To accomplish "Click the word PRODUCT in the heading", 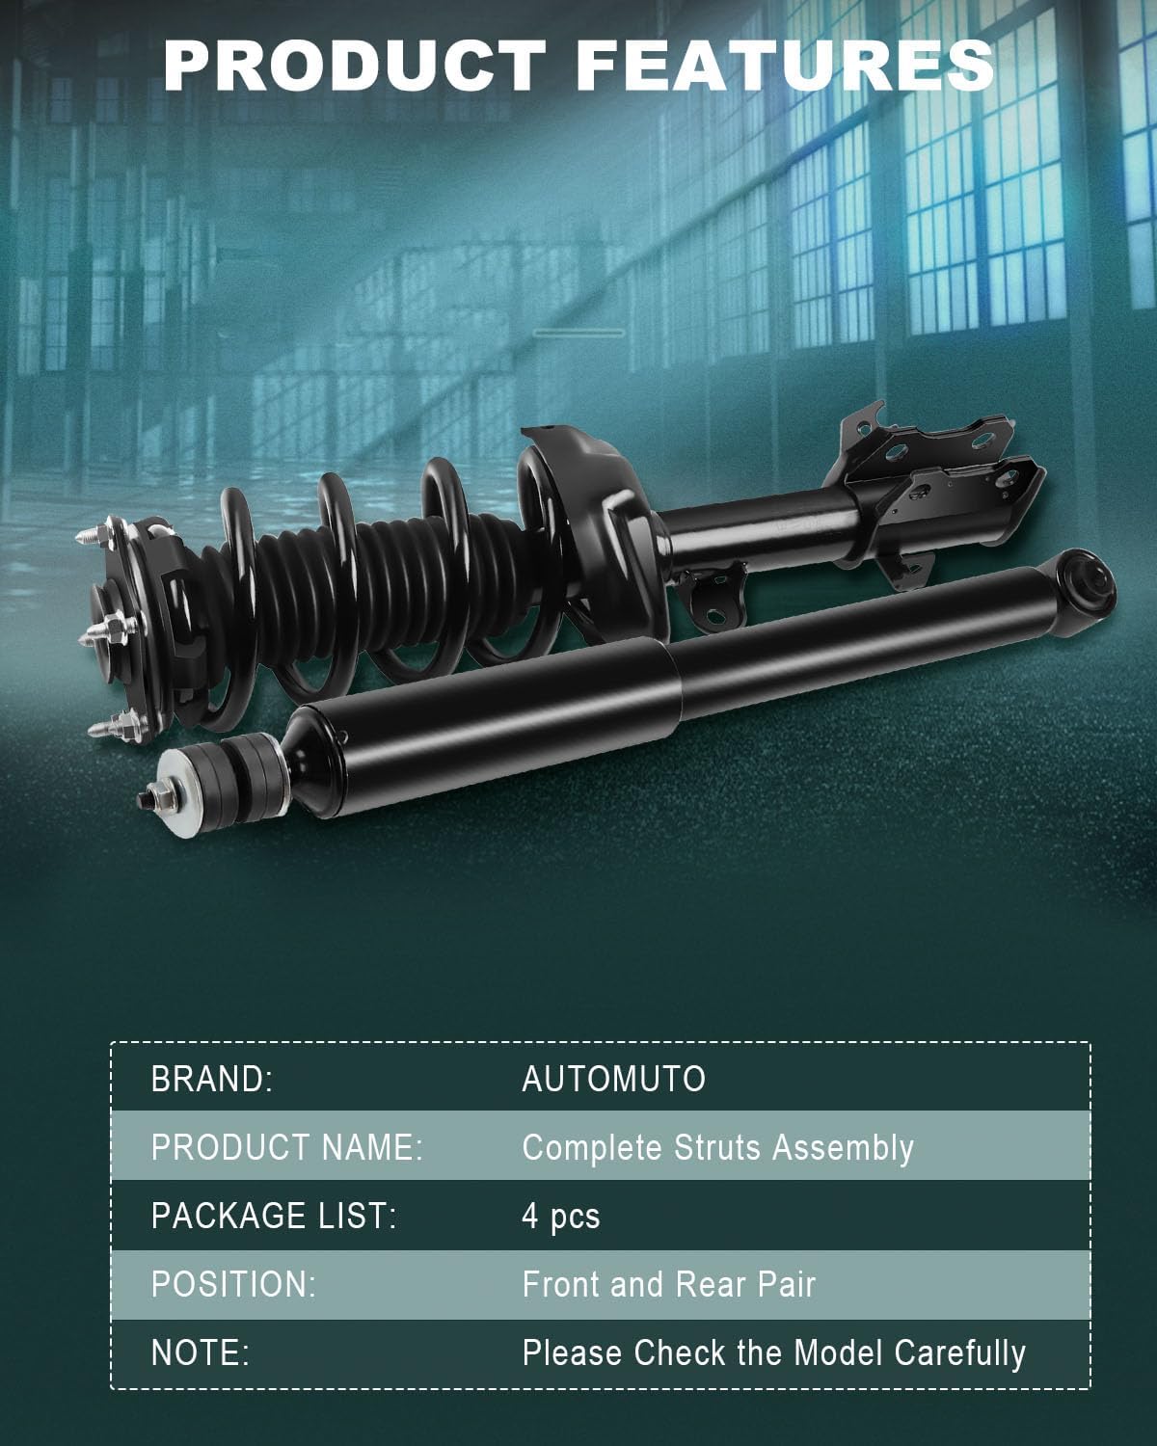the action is (x=354, y=66).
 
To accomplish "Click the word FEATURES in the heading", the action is (x=785, y=66).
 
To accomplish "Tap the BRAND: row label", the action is (x=212, y=1080).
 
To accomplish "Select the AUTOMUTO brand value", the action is (x=614, y=1080).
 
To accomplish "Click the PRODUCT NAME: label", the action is (x=287, y=1148).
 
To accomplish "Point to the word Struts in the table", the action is (x=717, y=1148).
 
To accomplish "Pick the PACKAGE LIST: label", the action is (x=274, y=1217).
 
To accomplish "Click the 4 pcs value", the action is (x=561, y=1218).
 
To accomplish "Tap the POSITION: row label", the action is (x=233, y=1285).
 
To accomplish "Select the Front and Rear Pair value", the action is (x=669, y=1285).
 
